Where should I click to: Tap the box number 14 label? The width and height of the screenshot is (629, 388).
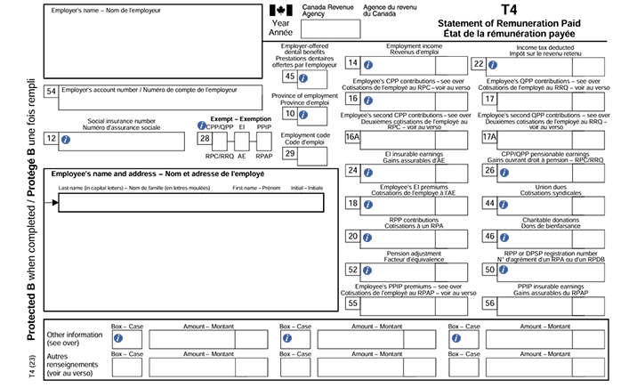(353, 63)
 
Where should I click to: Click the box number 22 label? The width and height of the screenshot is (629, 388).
(479, 63)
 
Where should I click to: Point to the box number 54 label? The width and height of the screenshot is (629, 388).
(52, 91)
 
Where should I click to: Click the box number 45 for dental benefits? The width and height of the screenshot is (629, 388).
(290, 77)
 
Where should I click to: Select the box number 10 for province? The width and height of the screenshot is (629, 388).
(290, 113)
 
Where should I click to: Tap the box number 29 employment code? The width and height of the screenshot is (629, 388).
(290, 153)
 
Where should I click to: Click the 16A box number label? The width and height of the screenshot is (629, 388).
(353, 137)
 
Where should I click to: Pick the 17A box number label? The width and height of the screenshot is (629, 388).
(489, 137)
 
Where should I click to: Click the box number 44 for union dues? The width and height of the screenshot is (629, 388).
(489, 203)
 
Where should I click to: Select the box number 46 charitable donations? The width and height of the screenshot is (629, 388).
(489, 236)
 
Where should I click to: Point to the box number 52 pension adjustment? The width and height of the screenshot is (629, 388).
(353, 269)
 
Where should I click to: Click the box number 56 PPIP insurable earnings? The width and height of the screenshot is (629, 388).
(489, 303)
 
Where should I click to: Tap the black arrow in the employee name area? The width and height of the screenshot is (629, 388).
(55, 203)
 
